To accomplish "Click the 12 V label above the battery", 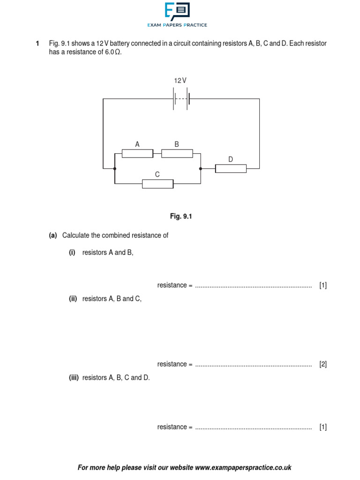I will coord(180,81).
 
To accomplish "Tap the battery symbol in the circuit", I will coord(181,99).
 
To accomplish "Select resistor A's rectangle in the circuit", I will coord(137,154).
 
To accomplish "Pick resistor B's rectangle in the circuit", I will coord(177,154).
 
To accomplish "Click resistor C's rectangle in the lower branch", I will coord(157,184).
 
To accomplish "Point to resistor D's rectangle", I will coord(231,168).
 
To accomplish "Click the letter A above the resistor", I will coord(137,144).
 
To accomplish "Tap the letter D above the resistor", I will coord(231,159).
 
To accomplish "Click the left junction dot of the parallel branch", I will coord(114,168).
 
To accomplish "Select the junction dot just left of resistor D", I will coord(201,168).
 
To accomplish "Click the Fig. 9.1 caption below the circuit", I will coord(181,217).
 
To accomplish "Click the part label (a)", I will coord(53,235).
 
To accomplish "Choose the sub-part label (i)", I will coord(72,253).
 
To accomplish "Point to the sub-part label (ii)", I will coord(73,299).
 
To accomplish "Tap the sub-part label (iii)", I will coord(74,377).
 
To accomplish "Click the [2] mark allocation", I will coord(323,364).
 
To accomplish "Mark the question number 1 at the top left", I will coord(37,44).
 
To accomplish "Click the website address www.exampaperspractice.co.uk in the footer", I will coord(243,467).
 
